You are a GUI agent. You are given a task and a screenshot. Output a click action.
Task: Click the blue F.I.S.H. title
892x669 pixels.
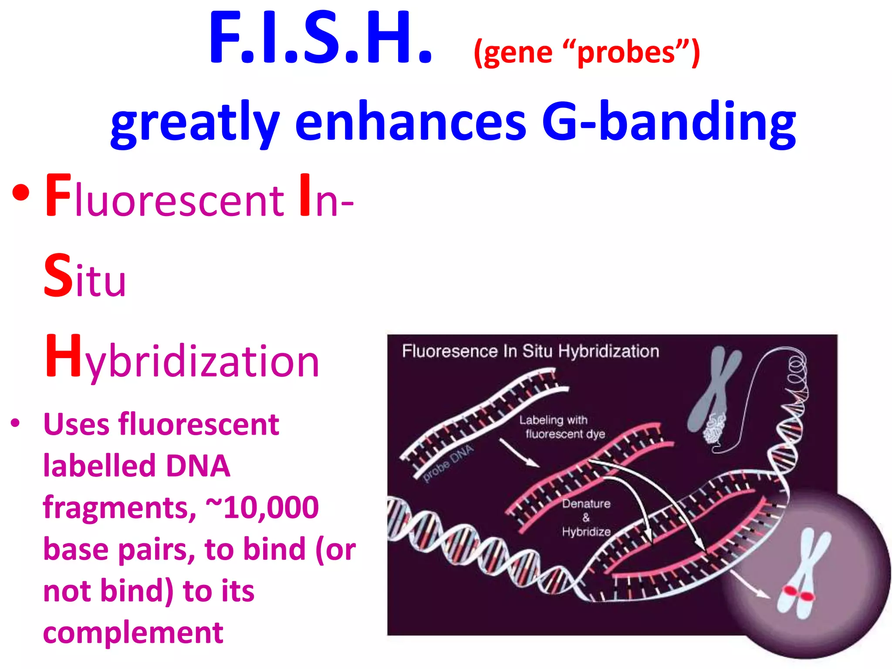tap(321, 38)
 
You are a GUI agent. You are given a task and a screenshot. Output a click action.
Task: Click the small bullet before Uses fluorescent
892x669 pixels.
tap(15, 422)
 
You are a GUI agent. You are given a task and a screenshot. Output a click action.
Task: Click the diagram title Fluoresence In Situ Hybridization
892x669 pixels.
tap(530, 351)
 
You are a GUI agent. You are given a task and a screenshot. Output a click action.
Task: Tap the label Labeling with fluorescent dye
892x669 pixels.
tap(561, 427)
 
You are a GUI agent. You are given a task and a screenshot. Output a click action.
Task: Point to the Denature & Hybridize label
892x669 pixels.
tap(586, 517)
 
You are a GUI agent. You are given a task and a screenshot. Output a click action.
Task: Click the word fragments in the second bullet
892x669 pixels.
tap(119, 507)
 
